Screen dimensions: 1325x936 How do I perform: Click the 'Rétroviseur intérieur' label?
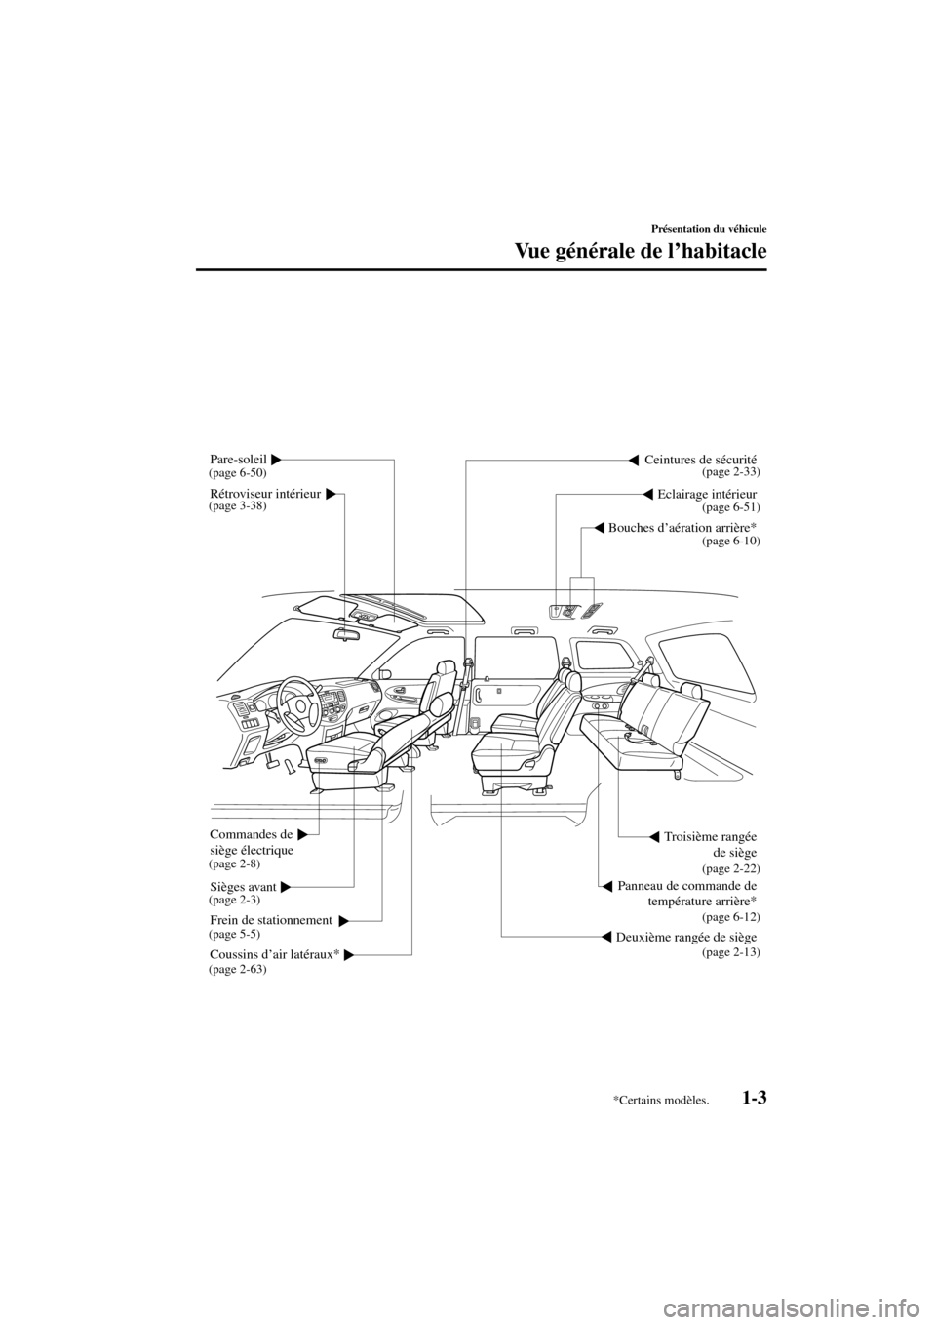(265, 494)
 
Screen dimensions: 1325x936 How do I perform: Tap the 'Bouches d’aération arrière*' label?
(682, 528)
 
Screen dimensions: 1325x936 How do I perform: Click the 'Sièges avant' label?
(244, 886)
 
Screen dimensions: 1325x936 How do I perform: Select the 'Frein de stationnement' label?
(271, 920)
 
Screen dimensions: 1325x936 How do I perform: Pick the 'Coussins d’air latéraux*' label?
(274, 953)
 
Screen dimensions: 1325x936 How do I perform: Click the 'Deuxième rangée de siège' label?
(687, 938)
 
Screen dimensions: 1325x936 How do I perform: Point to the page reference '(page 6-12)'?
(730, 918)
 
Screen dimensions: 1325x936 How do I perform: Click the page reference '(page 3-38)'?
(238, 507)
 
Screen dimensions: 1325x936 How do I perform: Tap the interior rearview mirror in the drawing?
(346, 633)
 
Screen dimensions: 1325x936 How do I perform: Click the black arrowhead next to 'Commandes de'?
(304, 834)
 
